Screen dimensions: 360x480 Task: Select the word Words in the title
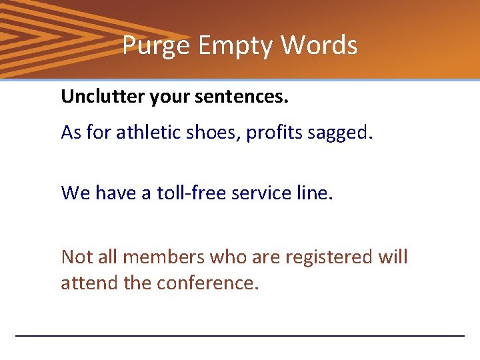click(x=319, y=46)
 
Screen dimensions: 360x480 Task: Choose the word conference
click(x=207, y=283)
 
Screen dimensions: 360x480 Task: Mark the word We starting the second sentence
click(x=75, y=193)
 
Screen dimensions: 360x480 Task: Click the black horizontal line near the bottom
click(x=239, y=335)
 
